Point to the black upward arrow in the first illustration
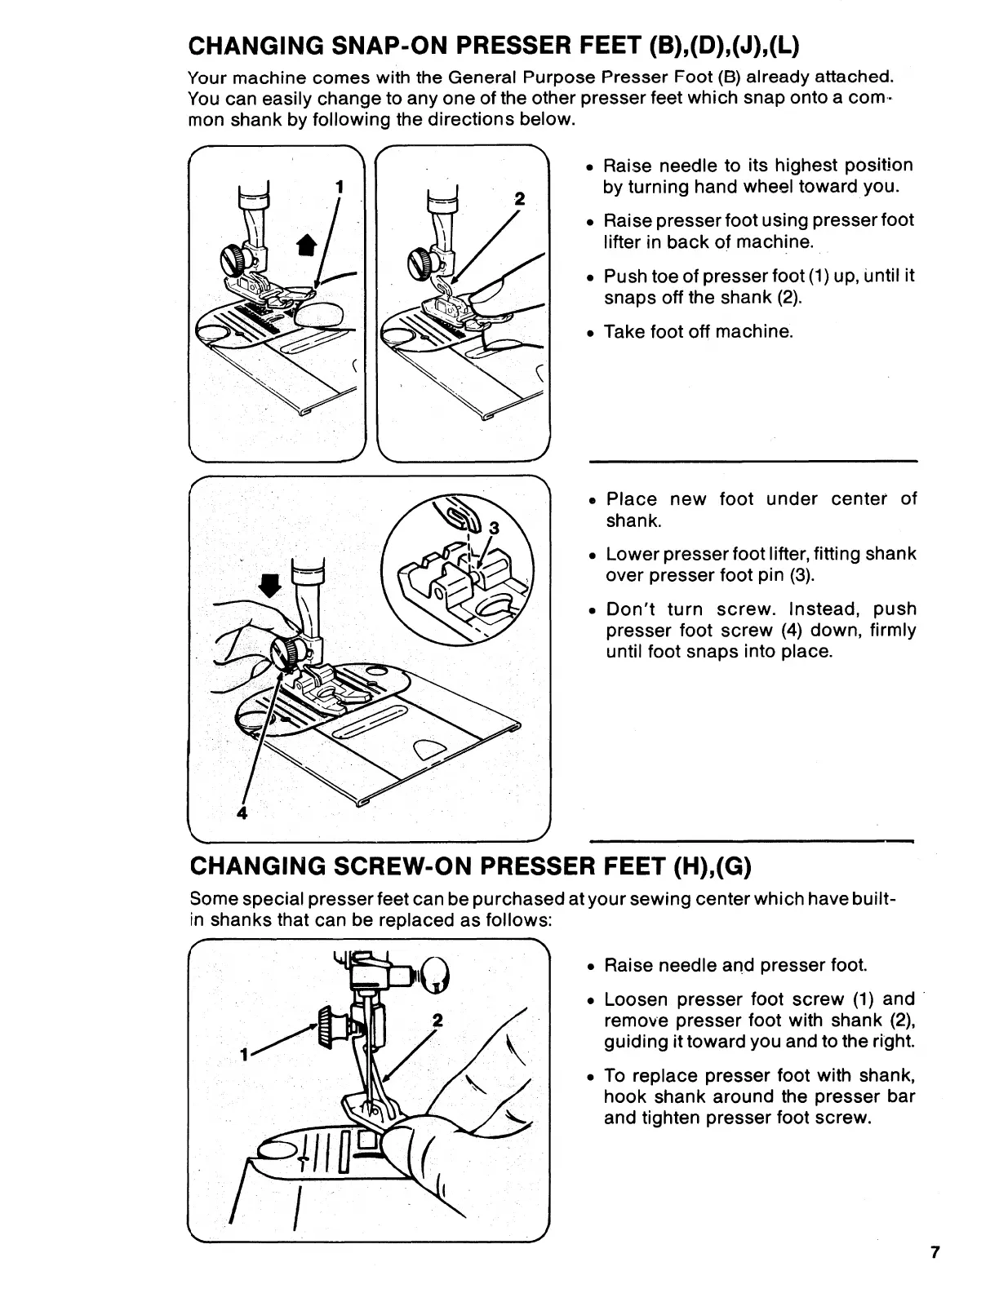(305, 243)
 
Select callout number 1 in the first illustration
(339, 186)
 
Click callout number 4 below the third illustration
(242, 813)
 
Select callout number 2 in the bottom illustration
(437, 1021)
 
